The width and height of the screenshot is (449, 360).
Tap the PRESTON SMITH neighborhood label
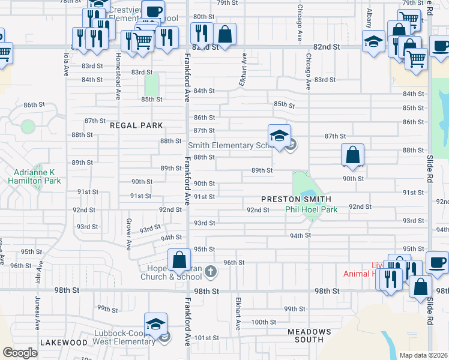pos(296,199)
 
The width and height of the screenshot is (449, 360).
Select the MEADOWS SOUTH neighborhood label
pos(309,336)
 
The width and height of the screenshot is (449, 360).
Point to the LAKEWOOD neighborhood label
pos(64,342)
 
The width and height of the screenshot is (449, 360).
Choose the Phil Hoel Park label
pos(311,209)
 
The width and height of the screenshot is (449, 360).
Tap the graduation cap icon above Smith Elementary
pos(279,136)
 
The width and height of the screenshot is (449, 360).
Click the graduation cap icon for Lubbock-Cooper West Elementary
pos(155,324)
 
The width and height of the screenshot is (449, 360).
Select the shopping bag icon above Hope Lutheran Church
pos(179,260)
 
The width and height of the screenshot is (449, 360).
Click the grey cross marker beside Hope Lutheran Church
pos(210,271)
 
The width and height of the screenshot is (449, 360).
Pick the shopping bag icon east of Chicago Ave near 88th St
pos(353,154)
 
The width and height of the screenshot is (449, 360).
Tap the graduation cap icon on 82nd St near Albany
pos(373,41)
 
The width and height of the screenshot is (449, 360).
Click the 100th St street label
pos(264,322)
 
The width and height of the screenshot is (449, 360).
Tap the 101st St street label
pos(206,338)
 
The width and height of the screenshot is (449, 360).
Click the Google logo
pos(20,353)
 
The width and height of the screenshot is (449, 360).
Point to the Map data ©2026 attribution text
pos(423,355)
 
